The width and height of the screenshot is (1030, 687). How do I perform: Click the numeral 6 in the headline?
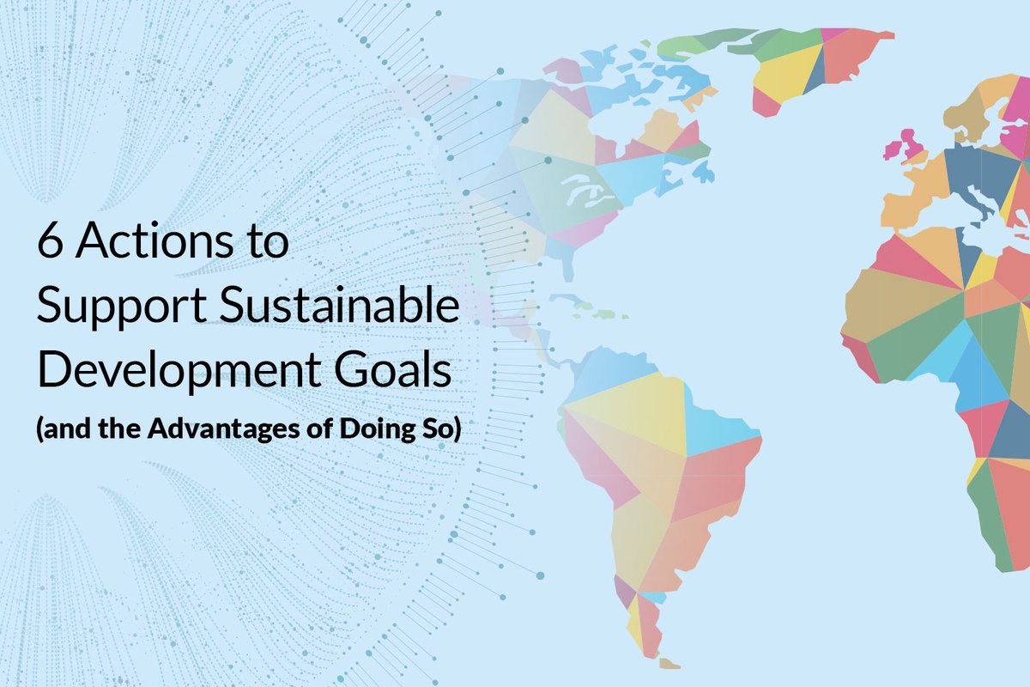[x=50, y=240]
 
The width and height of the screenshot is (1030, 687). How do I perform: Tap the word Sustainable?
[x=339, y=304]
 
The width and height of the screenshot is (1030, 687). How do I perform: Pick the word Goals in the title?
[x=392, y=369]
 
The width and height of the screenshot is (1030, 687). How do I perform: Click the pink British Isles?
[x=905, y=146]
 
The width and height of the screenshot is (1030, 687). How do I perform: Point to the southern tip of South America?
[x=668, y=664]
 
